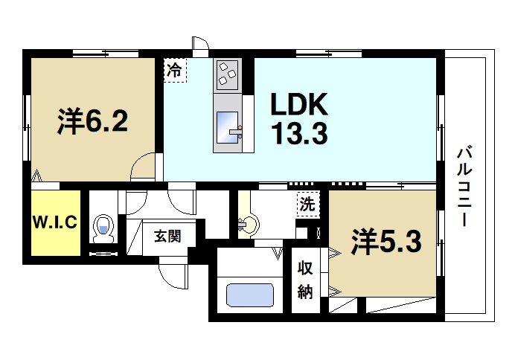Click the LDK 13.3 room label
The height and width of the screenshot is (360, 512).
[298, 119]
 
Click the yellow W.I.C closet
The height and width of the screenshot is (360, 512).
[54, 223]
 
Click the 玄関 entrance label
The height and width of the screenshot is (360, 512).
[167, 237]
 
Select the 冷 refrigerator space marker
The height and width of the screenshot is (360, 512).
[175, 71]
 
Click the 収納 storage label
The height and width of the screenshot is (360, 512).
[305, 280]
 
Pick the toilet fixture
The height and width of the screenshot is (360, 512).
[102, 227]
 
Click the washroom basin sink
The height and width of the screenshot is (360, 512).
[249, 222]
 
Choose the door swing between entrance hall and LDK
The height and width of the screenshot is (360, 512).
[180, 197]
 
